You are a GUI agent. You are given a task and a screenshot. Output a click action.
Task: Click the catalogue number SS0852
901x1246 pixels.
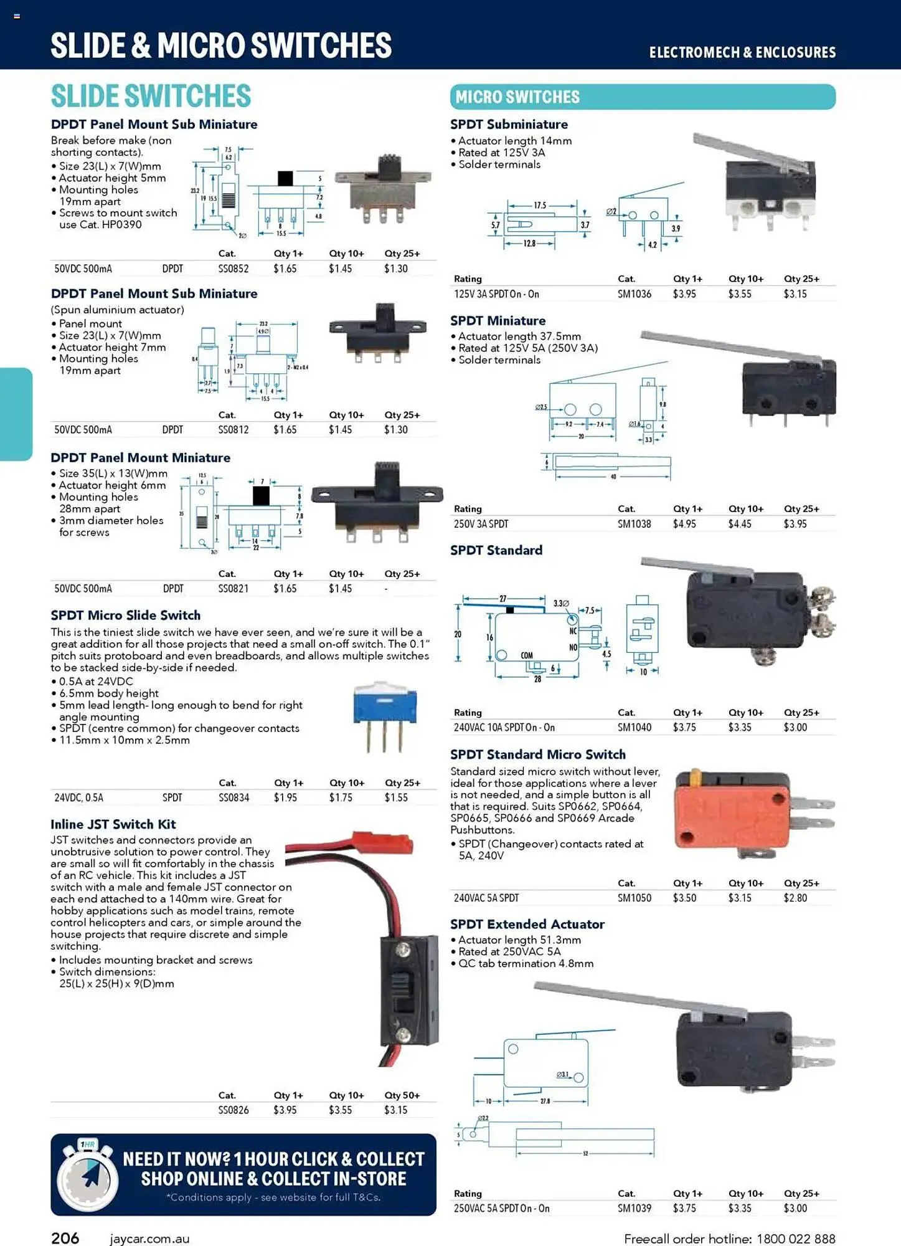coord(234,269)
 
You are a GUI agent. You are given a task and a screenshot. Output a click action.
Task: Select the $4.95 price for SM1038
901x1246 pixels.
coord(684,524)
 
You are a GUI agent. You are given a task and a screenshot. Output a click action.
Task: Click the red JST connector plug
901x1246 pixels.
coord(382,842)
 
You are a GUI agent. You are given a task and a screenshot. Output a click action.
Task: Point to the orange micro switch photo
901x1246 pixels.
coord(732,814)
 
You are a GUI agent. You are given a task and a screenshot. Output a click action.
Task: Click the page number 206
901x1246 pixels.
coord(65,1238)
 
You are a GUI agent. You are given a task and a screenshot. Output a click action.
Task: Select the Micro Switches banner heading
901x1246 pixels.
coord(517,97)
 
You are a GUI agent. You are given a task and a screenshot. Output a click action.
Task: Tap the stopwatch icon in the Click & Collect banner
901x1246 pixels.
coord(87,1176)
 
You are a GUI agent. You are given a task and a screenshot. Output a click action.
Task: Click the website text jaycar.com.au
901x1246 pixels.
coord(149,1239)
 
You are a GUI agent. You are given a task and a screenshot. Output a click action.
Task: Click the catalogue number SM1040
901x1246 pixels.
coord(634,728)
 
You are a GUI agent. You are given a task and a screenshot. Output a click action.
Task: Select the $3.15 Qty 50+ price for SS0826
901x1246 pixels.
coord(395,1110)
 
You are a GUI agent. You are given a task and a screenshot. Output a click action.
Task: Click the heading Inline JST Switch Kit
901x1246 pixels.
coord(113,824)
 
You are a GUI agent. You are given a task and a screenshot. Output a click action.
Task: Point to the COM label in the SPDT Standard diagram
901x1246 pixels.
coord(527,655)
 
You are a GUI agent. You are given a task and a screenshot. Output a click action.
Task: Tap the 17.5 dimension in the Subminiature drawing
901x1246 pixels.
coord(540,205)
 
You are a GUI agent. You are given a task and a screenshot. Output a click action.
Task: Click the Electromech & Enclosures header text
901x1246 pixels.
coord(742,53)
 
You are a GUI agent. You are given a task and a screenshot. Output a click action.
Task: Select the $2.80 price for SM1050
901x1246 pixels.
coord(795,898)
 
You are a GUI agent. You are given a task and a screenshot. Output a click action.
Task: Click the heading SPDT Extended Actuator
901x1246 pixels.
coord(527,925)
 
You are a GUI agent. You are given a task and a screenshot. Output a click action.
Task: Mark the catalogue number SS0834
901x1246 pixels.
coord(234,797)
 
